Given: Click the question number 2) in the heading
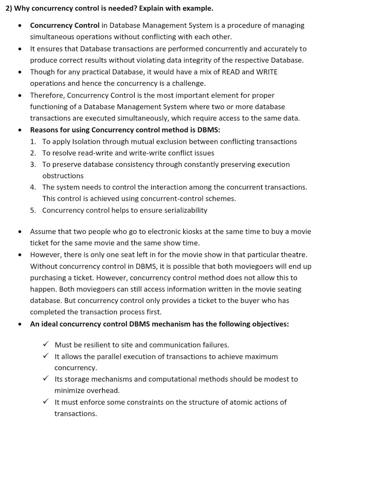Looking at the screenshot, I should tap(9, 8).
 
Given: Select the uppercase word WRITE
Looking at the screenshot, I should tap(267, 72).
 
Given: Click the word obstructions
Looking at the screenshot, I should tap(63, 176).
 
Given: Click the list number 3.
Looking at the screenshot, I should tap(33, 164).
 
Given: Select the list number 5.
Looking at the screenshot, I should tap(33, 210).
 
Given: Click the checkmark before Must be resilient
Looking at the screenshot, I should tap(46, 345).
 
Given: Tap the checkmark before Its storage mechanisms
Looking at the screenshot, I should tap(46, 379).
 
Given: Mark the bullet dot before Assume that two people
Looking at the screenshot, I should tap(20, 232).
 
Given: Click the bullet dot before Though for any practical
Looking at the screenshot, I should tap(20, 72).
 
